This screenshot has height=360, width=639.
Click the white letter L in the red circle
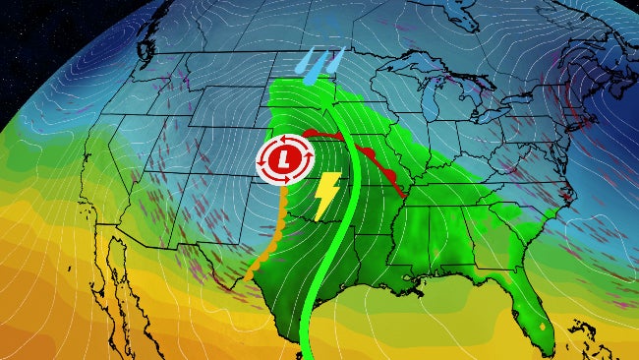[x=284, y=157]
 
